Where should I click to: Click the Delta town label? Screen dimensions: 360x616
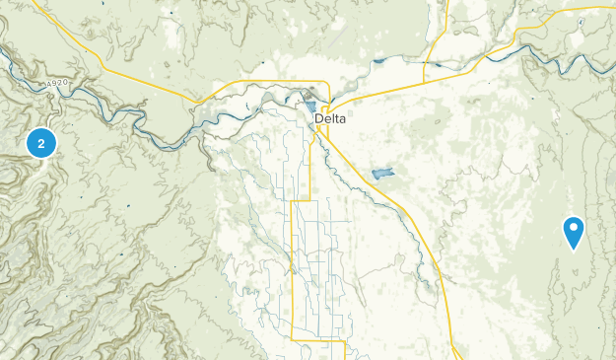pyautogui.click(x=330, y=119)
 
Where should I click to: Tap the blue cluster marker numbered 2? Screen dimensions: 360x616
pyautogui.click(x=40, y=144)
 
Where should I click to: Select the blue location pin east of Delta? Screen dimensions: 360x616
pyautogui.click(x=574, y=231)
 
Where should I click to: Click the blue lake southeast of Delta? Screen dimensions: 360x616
pyautogui.click(x=383, y=175)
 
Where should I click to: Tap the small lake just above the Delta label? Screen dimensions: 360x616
pyautogui.click(x=310, y=107)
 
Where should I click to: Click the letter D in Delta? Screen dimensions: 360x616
pyautogui.click(x=318, y=119)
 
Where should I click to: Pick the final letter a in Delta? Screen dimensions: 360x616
pyautogui.click(x=342, y=119)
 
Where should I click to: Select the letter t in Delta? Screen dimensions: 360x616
pyautogui.click(x=336, y=119)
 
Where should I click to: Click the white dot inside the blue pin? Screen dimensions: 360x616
pyautogui.click(x=574, y=228)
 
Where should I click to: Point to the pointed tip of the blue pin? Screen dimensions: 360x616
pyautogui.click(x=574, y=249)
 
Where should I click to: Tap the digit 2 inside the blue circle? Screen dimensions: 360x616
pyautogui.click(x=40, y=144)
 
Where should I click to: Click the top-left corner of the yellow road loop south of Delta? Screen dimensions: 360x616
pyautogui.click(x=295, y=204)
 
